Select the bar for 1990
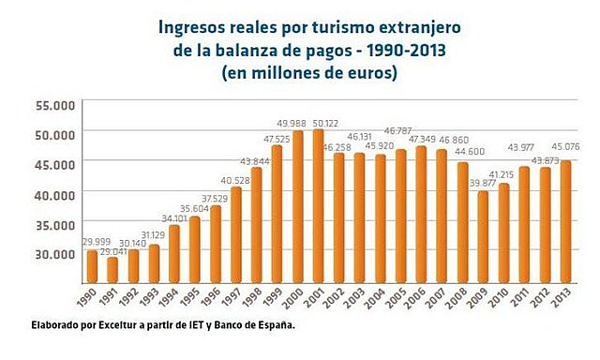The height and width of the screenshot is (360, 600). coord(92,266)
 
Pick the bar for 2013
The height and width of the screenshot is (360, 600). coord(565,221)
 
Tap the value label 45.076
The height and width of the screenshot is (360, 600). coord(565,144)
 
